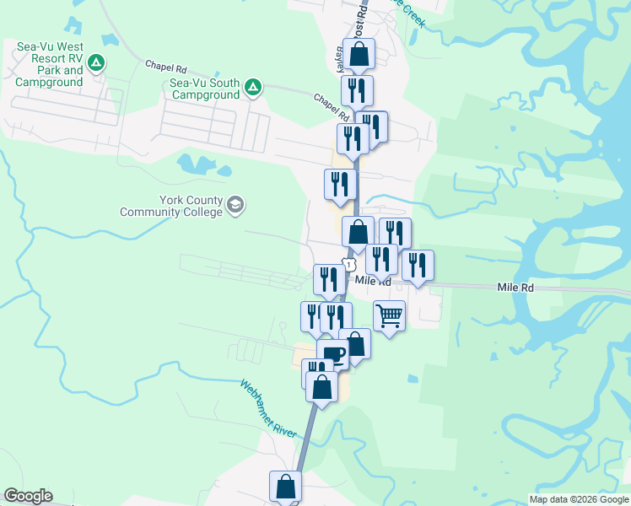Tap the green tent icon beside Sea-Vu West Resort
97,62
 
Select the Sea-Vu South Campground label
206,89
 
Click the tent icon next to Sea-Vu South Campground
251,87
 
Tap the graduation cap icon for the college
235,205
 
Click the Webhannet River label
268,408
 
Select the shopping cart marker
389,316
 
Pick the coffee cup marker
333,353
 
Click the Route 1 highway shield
347,265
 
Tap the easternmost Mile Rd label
515,288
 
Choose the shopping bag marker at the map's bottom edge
285,487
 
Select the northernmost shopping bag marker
359,55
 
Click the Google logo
28,496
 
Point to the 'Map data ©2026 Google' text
578,499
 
